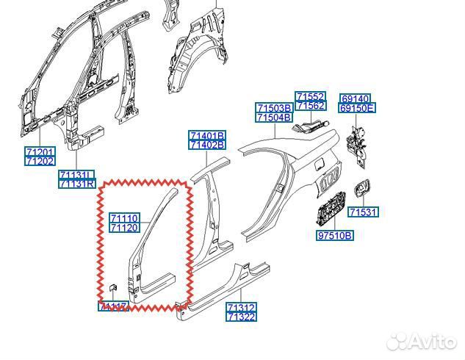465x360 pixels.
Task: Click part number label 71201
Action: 40,151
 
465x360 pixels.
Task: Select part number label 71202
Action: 40,160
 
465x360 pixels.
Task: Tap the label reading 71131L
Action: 77,175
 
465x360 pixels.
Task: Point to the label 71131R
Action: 77,184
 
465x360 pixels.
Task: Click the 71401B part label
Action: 207,136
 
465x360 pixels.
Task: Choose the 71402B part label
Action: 207,145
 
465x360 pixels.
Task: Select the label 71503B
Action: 274,108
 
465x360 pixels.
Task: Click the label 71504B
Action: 274,117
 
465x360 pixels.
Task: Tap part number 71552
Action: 311,97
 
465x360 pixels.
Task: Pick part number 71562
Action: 311,106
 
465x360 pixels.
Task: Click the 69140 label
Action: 356,98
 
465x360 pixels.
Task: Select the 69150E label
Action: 358,108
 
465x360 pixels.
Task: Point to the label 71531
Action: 363,212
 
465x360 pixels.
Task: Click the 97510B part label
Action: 335,235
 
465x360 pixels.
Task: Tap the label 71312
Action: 241,307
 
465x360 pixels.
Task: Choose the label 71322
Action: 241,317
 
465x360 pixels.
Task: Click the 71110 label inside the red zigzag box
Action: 124,218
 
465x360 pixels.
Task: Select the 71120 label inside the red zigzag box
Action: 124,228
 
